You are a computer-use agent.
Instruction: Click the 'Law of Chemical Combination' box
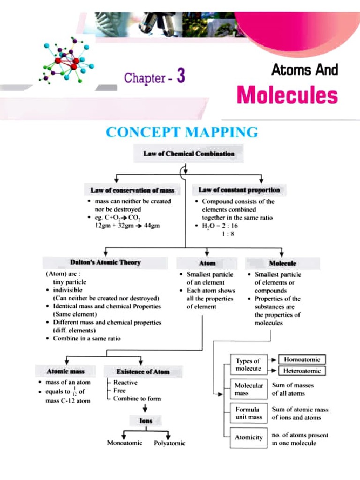(186, 153)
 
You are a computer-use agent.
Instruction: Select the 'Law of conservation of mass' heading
(132, 190)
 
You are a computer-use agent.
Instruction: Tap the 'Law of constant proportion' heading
(239, 190)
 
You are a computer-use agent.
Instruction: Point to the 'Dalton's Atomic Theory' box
(105, 262)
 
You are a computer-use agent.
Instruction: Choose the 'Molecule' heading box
(282, 263)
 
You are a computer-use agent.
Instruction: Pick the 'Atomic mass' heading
(65, 371)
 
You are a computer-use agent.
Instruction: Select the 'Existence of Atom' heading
(142, 371)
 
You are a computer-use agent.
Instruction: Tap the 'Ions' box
(146, 421)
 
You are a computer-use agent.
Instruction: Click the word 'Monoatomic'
(125, 442)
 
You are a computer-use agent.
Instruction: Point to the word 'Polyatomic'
(170, 443)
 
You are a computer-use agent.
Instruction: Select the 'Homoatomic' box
(302, 360)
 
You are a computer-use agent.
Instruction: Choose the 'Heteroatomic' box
(302, 371)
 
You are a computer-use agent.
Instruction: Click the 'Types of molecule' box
(248, 365)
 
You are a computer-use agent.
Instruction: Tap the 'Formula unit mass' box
(248, 413)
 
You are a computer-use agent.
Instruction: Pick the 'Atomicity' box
(248, 437)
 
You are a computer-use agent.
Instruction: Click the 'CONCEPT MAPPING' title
(182, 132)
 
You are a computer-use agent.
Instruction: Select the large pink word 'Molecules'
(287, 95)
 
